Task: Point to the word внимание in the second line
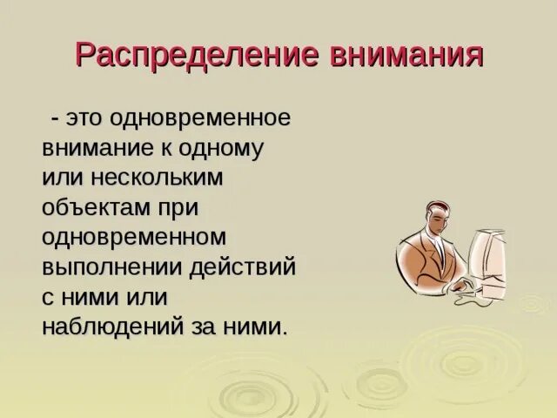[97, 147]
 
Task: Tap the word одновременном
[135, 237]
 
